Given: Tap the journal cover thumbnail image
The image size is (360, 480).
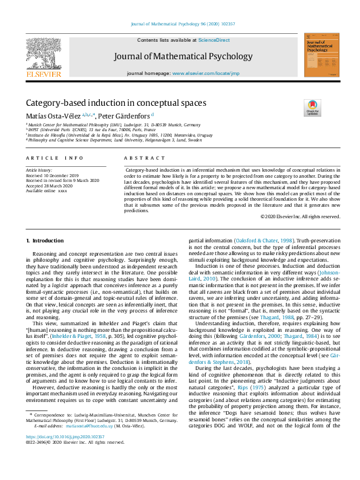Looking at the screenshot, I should pos(321,55).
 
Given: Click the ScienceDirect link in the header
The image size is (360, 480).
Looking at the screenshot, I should pos(214,39).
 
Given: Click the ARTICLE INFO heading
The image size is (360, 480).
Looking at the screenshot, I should pos(54,158).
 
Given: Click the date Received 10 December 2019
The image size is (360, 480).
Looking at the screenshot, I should pos(51,176).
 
